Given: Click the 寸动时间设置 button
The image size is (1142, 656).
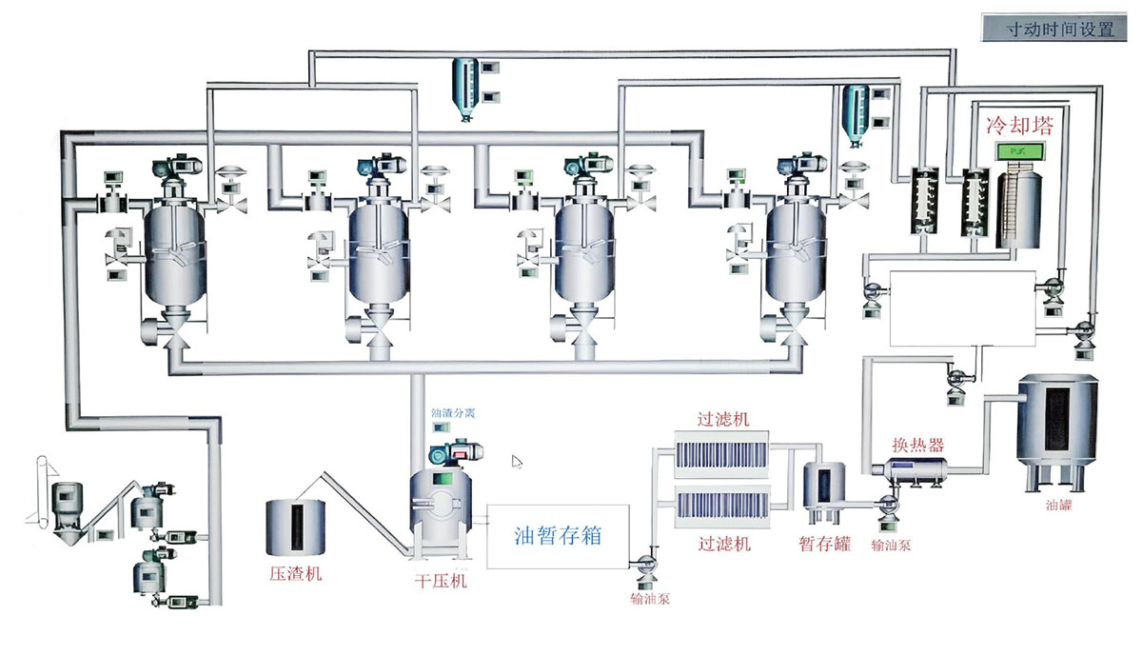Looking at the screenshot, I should tap(1060, 29).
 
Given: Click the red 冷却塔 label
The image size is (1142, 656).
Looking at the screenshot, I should tap(1013, 126).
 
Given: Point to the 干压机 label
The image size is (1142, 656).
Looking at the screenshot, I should tap(439, 580).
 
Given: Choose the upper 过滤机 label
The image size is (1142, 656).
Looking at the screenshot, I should tap(724, 418).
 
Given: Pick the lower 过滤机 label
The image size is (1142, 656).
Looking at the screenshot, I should tap(724, 544).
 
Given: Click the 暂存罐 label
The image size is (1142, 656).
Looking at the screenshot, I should tap(824, 544).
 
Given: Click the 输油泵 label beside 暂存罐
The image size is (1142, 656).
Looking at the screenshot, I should tap(891, 546).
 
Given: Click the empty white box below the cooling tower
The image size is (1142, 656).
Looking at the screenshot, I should tap(961, 308).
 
